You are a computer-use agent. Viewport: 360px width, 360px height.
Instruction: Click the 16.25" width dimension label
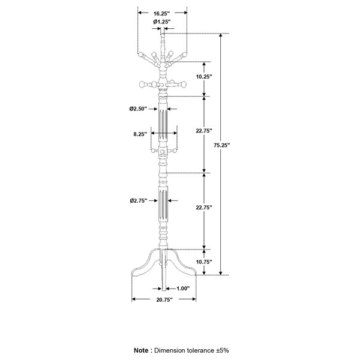161,14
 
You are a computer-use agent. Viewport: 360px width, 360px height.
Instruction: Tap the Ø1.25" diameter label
162,22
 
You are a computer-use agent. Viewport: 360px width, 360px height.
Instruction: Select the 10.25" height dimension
204,77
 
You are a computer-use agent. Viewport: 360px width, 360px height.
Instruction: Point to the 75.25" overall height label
222,145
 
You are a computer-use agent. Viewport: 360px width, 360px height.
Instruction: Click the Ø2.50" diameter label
138,109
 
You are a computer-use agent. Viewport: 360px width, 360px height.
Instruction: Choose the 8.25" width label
140,134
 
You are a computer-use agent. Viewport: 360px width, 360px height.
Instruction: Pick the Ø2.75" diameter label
139,200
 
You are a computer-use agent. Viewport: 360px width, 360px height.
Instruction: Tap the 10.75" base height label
204,262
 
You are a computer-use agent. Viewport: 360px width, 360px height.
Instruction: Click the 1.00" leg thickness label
183,289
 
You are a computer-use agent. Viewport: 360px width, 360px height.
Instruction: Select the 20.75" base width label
164,300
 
